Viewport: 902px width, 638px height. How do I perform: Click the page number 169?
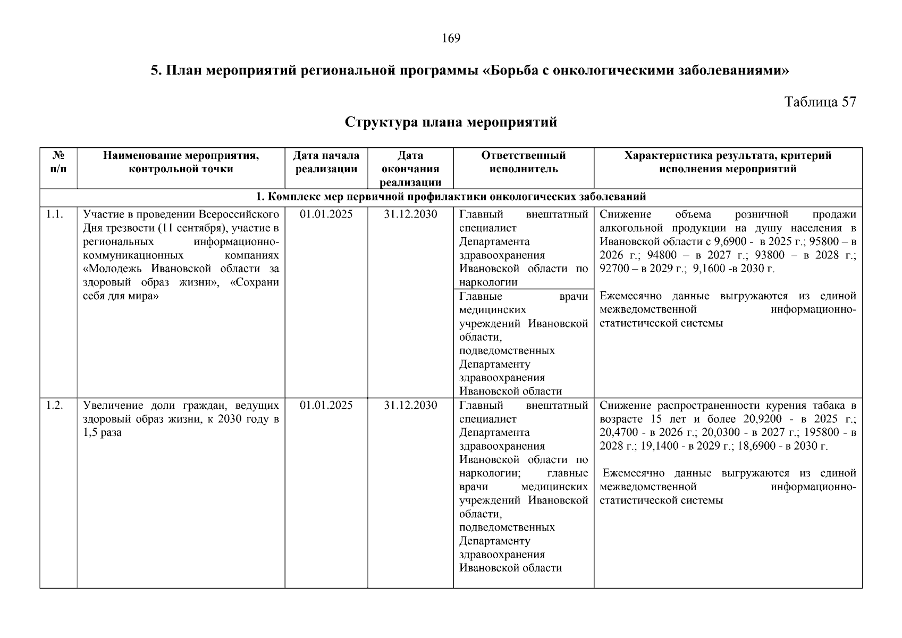[x=451, y=38]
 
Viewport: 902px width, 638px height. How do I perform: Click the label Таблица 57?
[x=820, y=102]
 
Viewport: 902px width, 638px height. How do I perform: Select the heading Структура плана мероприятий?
[x=451, y=122]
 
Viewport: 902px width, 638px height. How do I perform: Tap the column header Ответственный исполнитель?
[x=523, y=162]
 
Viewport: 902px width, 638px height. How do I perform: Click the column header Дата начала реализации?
[x=326, y=162]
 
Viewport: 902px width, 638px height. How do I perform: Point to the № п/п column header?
[x=58, y=162]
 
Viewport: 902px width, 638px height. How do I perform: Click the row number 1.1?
[x=55, y=215]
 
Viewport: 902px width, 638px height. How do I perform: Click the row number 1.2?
[x=55, y=406]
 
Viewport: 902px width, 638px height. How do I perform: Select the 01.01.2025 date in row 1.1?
[x=326, y=215]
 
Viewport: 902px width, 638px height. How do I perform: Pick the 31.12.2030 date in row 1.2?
[x=410, y=406]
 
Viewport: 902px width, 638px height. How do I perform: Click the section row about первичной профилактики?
[x=451, y=197]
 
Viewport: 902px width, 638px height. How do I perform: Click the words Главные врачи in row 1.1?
[x=523, y=297]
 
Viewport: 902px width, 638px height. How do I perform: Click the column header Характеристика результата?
[x=727, y=156]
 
